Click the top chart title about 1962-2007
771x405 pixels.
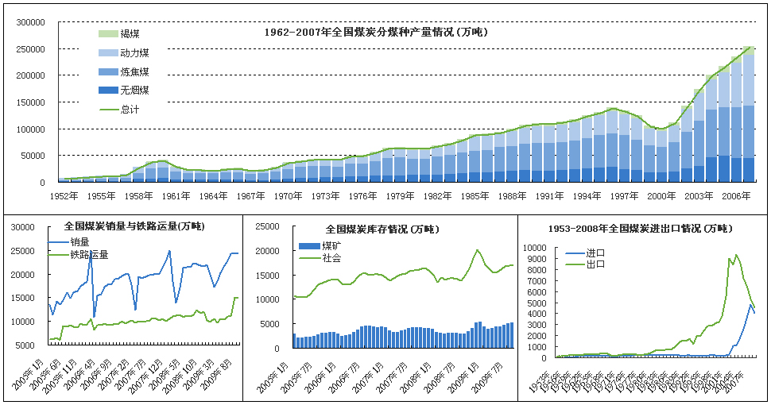coord(375,33)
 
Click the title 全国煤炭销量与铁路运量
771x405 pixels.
coord(134,226)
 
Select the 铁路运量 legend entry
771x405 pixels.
coord(89,255)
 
